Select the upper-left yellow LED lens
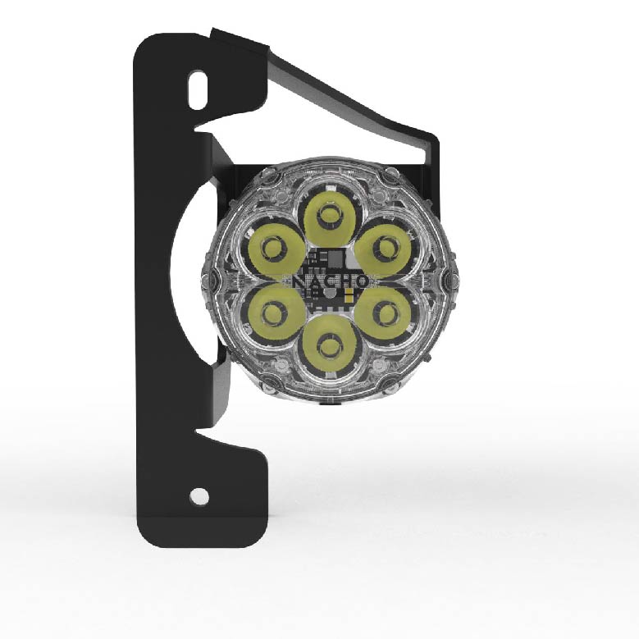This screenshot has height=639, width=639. pyautogui.click(x=273, y=247)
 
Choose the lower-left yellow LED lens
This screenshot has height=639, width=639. pyautogui.click(x=273, y=313)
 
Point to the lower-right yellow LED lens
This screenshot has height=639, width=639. pyautogui.click(x=386, y=313)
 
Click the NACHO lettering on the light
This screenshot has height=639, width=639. pyautogui.click(x=329, y=281)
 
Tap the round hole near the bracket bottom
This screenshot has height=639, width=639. pyautogui.click(x=198, y=495)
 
